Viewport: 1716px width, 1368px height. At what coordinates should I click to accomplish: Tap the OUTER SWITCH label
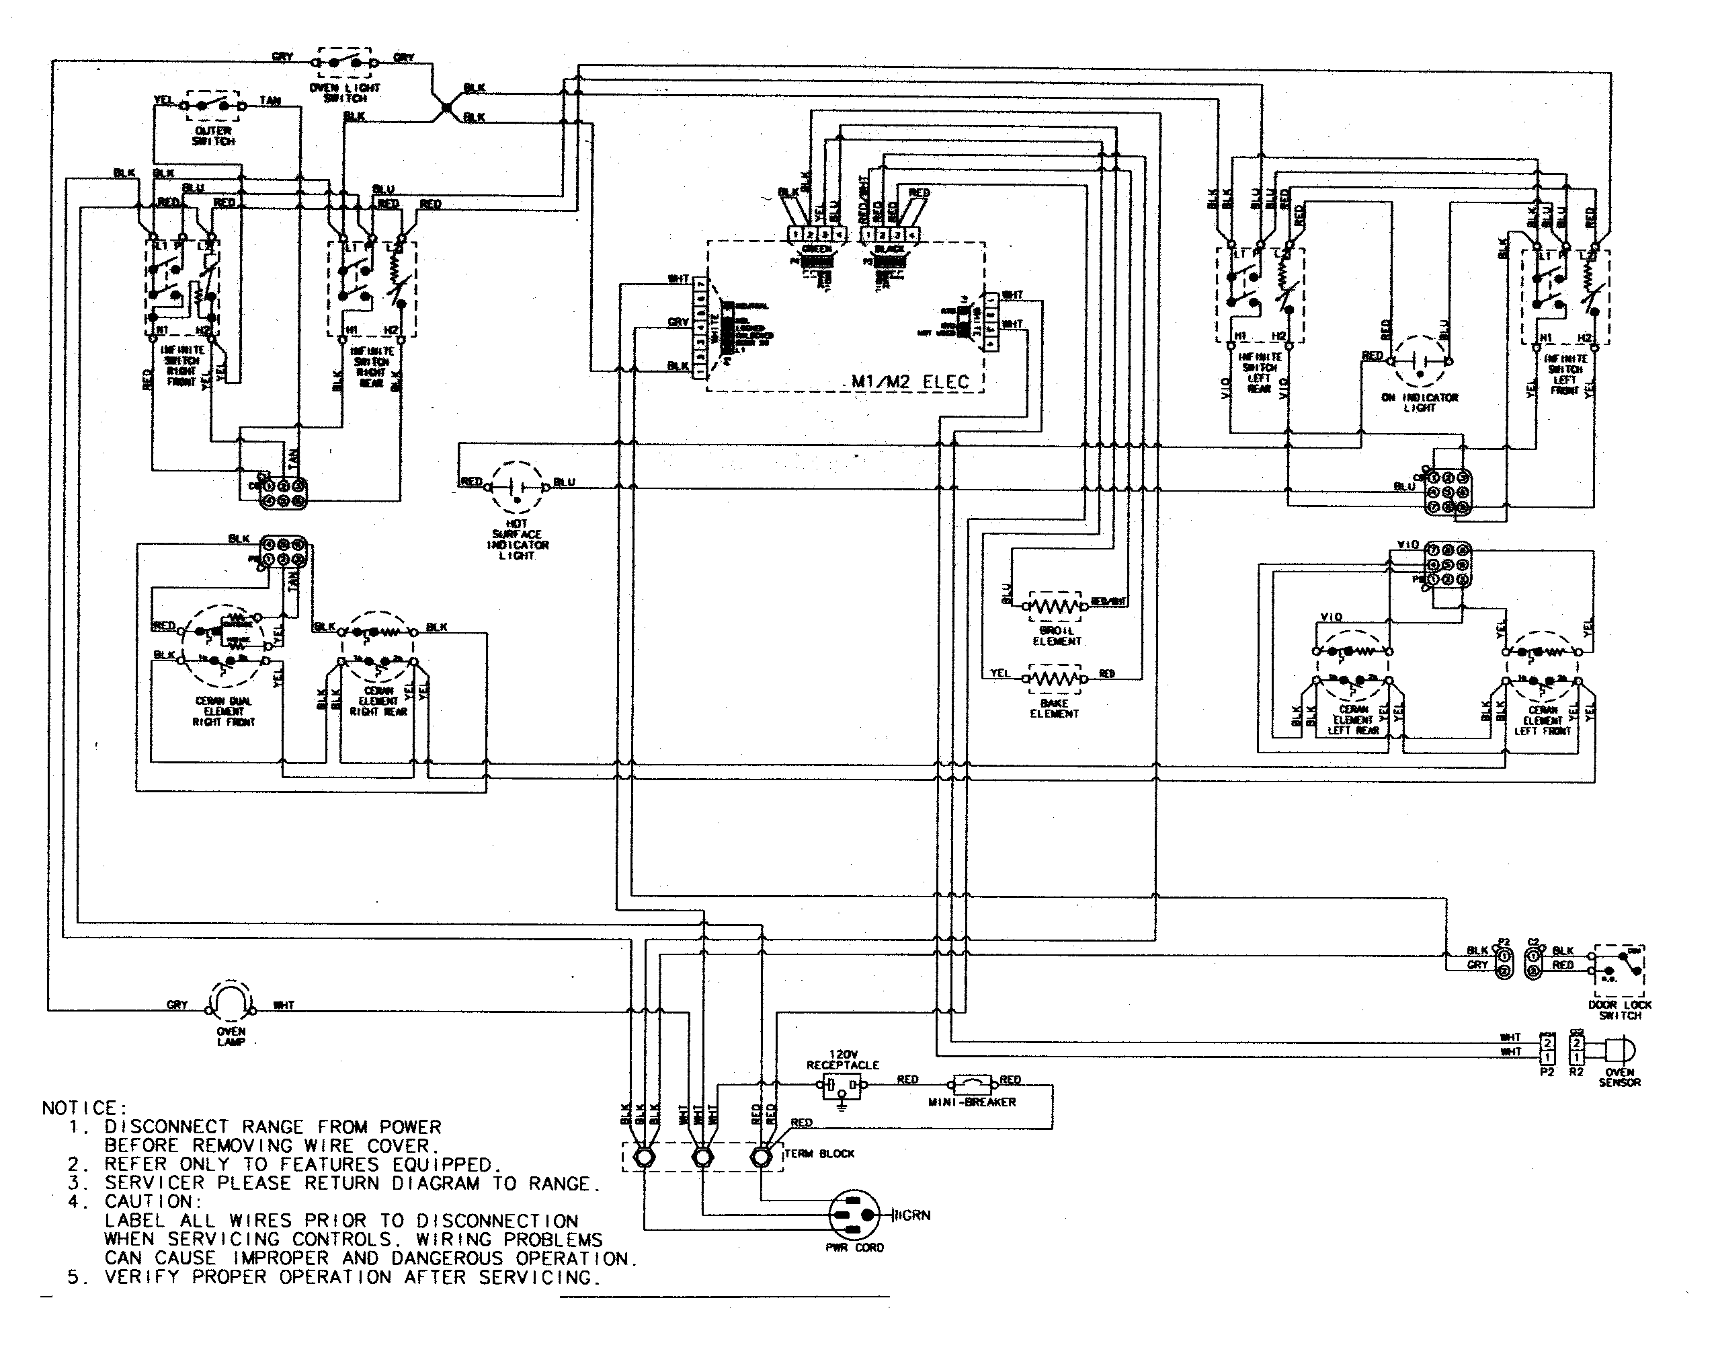tap(212, 135)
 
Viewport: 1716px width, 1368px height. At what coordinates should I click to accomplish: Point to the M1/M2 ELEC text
tap(911, 381)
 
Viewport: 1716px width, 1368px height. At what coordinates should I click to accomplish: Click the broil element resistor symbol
tap(1055, 607)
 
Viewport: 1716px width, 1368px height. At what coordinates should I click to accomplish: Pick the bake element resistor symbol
tap(1055, 679)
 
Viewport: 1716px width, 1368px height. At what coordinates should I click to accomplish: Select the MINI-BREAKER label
tap(972, 1102)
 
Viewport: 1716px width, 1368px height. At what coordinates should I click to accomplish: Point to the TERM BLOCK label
tap(820, 1153)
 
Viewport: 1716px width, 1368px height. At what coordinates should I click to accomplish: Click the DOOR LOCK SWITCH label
tap(1620, 1010)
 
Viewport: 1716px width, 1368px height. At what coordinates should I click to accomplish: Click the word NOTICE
tap(83, 1108)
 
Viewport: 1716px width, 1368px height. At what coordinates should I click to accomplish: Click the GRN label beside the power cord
tap(915, 1215)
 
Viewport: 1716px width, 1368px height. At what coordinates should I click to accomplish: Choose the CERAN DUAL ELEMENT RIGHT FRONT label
tap(224, 711)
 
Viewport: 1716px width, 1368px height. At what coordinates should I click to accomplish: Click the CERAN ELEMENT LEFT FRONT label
tap(1543, 720)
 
